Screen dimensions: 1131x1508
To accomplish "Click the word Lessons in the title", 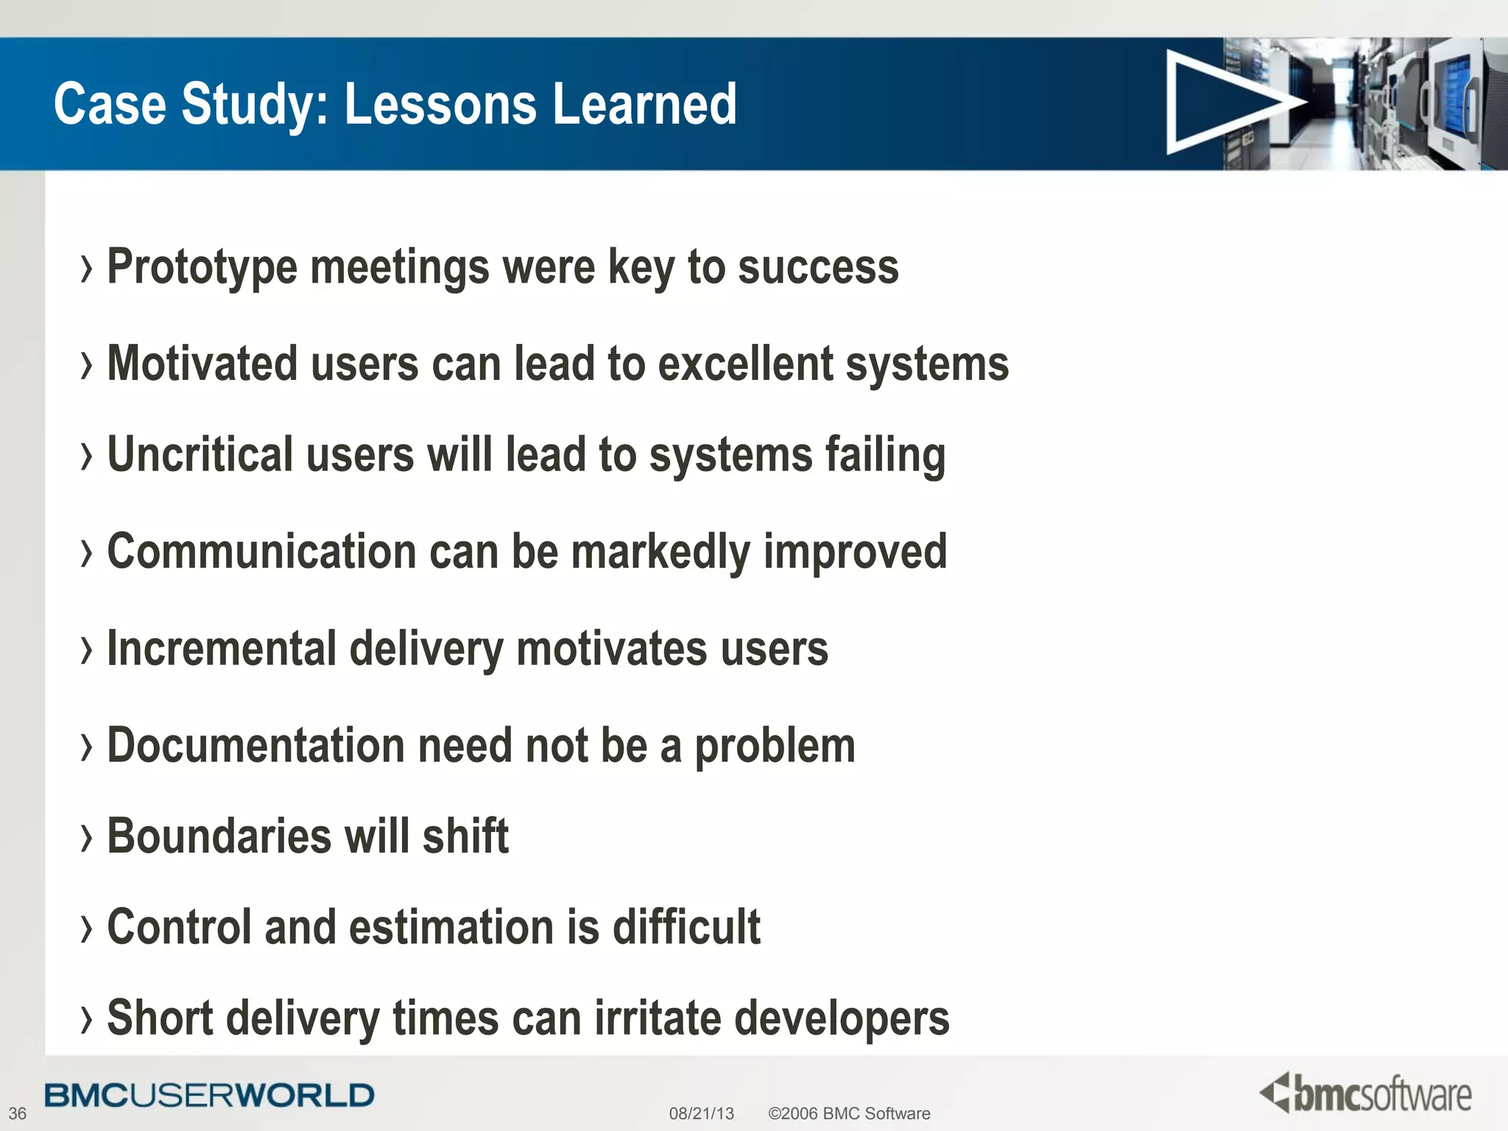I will click(440, 105).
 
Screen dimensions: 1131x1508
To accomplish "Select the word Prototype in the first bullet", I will click(202, 268).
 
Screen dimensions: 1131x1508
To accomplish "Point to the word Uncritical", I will click(200, 455).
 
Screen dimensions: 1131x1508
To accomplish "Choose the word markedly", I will click(660, 552).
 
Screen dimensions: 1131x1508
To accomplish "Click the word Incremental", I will click(222, 649).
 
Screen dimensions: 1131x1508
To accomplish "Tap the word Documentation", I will click(256, 746).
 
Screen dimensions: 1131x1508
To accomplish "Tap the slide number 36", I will click(17, 1113).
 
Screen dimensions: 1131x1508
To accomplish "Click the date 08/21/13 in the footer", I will click(701, 1113).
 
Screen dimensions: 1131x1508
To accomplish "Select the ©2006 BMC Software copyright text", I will click(848, 1113).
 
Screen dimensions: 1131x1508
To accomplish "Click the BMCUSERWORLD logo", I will click(209, 1096).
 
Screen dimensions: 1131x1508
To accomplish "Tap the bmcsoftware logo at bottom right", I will click(1366, 1093).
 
